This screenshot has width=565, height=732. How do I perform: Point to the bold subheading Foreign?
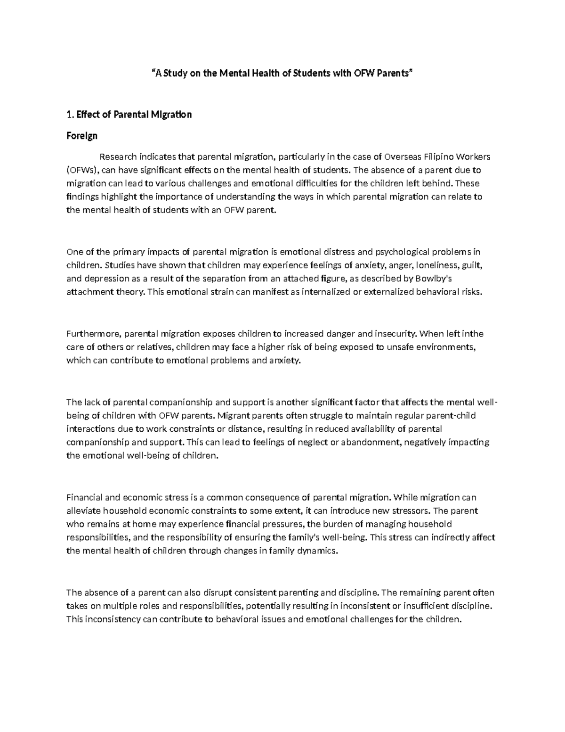(x=82, y=136)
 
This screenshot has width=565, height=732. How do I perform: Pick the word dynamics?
(x=318, y=551)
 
